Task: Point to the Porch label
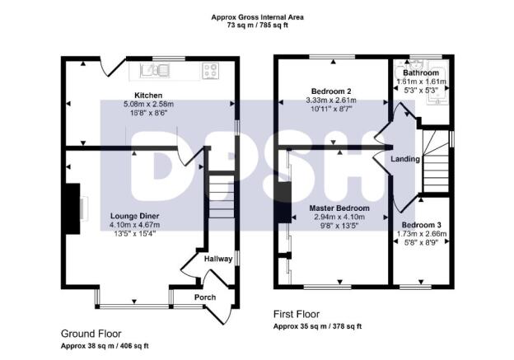(203, 297)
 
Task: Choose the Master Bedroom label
(339, 208)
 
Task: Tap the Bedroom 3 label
(422, 224)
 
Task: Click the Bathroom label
(420, 72)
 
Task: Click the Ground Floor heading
(91, 334)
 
